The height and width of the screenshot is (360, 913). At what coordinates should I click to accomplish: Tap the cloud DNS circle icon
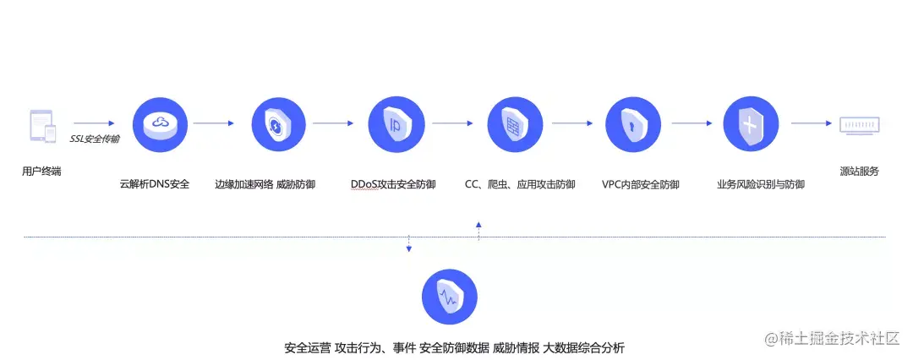point(160,124)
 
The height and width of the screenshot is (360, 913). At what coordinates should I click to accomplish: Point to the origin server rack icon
point(859,125)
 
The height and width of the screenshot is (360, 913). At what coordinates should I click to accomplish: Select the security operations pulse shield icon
point(449,297)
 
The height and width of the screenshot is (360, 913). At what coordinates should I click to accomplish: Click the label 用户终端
point(41,172)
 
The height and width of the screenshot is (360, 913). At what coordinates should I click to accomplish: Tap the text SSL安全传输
point(94,139)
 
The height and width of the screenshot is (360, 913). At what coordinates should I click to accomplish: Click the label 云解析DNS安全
point(155,183)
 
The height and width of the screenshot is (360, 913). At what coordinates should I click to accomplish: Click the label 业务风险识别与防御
point(760,183)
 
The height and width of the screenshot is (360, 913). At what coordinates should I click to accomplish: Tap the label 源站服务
point(860,172)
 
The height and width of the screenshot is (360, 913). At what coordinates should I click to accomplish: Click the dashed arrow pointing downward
point(409,244)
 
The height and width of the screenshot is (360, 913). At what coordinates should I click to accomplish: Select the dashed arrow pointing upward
point(478,230)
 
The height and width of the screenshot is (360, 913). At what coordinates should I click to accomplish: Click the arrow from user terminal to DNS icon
point(93,123)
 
